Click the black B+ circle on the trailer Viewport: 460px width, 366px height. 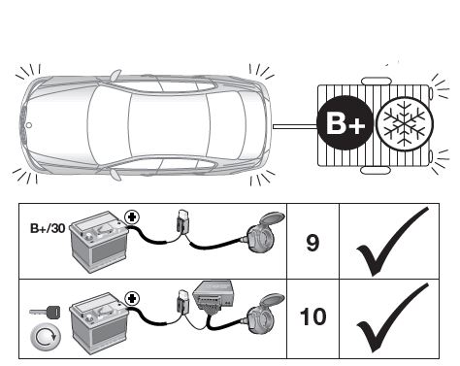pos(345,123)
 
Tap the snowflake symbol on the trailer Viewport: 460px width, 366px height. pos(405,124)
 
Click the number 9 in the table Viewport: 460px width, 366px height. pos(312,243)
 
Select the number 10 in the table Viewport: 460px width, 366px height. pos(312,316)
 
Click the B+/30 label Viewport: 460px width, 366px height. pos(48,228)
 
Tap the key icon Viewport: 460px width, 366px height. pos(45,312)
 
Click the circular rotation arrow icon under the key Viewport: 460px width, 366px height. pos(46,337)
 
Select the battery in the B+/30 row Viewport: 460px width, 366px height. pos(99,242)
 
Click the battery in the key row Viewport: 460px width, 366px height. pos(99,323)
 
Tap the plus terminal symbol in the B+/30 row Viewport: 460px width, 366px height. pos(132,217)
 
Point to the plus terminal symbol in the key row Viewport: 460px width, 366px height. pos(132,299)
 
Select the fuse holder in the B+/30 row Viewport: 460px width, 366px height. pos(183,221)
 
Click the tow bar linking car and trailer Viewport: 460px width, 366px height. pos(295,126)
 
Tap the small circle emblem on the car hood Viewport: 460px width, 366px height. pos(28,125)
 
